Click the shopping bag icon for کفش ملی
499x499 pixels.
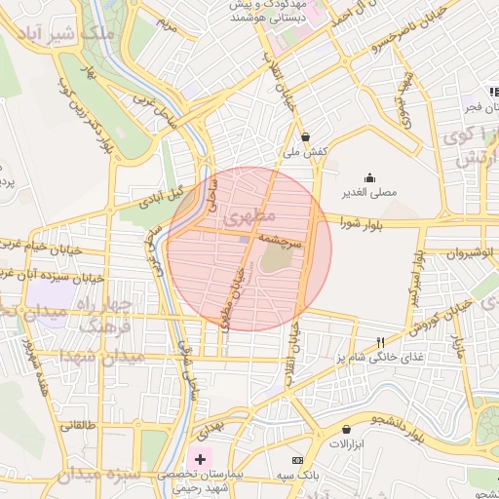click(307, 136)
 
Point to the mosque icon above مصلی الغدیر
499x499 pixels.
click(369, 177)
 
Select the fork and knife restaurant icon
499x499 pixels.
click(381, 342)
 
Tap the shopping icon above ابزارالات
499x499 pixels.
click(347, 429)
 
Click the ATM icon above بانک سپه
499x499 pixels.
click(297, 459)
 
